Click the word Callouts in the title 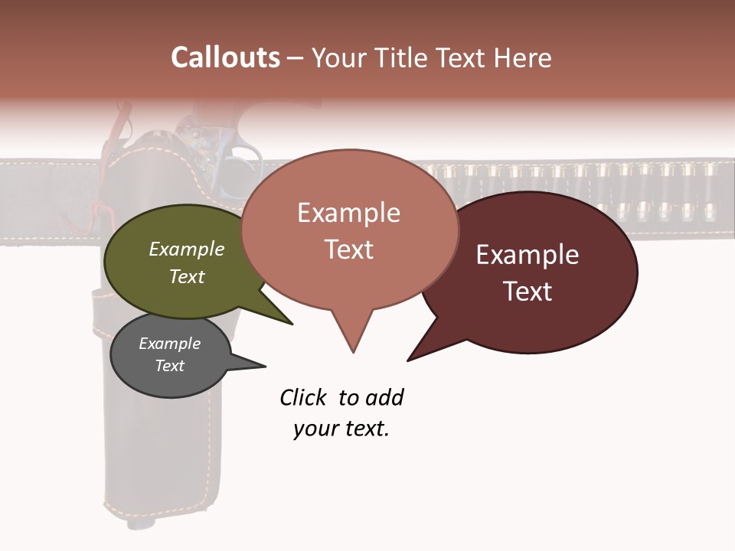225,57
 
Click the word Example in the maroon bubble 528,255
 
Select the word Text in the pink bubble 349,249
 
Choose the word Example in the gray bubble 169,344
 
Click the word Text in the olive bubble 187,276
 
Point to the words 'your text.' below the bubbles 341,428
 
